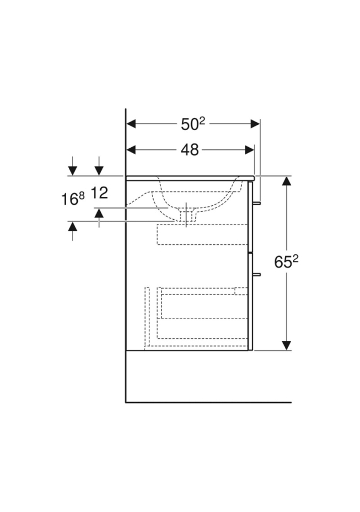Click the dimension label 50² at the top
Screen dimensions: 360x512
[x=193, y=124]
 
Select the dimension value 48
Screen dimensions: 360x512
[x=189, y=150]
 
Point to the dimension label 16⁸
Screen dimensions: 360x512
[x=73, y=198]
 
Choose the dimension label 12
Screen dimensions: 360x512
[x=99, y=193]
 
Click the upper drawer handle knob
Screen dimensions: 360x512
[x=257, y=203]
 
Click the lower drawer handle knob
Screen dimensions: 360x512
[x=257, y=274]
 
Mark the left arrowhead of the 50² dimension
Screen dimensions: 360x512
[x=131, y=124]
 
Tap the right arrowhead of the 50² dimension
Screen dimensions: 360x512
[x=255, y=124]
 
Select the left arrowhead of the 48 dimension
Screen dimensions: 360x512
[x=131, y=150]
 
